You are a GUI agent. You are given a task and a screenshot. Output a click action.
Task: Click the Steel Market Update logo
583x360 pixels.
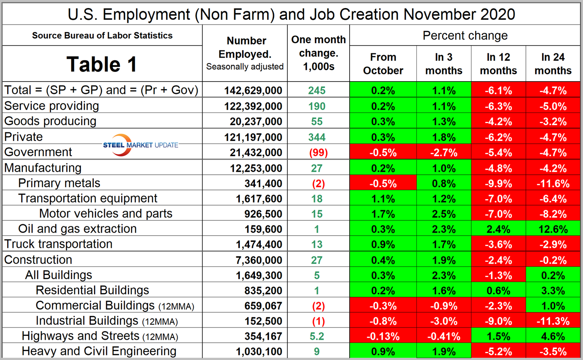[141, 144]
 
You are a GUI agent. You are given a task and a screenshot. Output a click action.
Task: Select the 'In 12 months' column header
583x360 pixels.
[498, 64]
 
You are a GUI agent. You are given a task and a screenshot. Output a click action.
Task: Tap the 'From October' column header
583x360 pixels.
[383, 64]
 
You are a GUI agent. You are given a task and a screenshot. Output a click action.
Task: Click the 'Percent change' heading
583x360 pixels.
[465, 36]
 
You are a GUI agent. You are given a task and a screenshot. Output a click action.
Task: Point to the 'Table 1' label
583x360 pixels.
[102, 64]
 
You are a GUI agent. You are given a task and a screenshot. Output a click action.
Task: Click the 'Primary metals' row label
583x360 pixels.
[59, 183]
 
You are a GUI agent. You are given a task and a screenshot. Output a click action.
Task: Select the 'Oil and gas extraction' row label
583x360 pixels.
[77, 229]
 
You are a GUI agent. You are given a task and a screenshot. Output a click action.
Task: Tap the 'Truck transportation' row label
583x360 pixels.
[58, 244]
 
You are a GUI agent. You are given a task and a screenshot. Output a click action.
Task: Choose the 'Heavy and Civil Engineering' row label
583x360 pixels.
[99, 351]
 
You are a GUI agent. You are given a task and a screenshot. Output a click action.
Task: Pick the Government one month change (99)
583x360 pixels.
[317, 153]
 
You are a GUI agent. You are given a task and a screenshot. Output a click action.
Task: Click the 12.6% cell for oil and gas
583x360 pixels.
[553, 229]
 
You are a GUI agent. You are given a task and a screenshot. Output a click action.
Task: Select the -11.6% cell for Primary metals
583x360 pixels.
[553, 184]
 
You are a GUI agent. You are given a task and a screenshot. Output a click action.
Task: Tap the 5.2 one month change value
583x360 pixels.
[317, 336]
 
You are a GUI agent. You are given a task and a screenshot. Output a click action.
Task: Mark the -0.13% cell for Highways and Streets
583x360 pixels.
[383, 336]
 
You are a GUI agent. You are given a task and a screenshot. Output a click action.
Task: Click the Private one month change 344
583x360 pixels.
[317, 137]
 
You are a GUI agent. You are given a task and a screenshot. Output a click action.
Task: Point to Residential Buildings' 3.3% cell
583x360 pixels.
[553, 291]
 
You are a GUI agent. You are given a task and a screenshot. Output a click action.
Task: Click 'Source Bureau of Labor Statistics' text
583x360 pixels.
[102, 36]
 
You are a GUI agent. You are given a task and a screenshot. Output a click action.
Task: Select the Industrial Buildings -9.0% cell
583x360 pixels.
[498, 321]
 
